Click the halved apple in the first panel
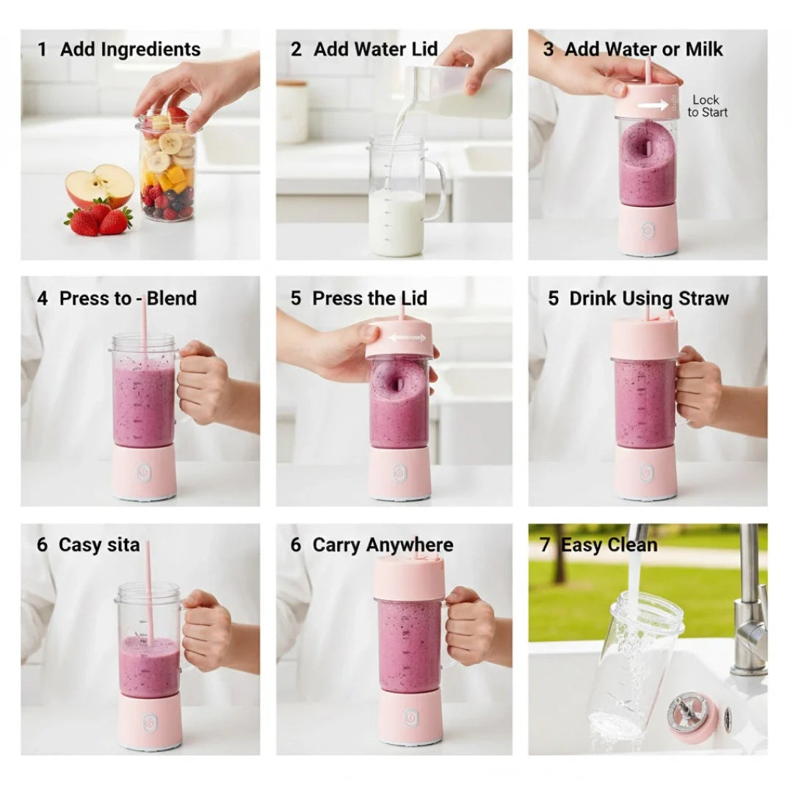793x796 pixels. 99,186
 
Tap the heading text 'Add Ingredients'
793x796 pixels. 130,50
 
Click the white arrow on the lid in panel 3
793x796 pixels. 653,106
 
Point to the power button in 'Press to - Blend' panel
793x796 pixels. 144,472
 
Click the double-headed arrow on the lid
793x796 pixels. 408,338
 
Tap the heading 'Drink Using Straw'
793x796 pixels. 648,299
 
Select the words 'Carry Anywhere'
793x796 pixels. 383,546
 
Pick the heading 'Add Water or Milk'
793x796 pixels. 643,50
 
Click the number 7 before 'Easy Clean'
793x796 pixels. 545,546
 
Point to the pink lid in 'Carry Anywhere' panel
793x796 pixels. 410,579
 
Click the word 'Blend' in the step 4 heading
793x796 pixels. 172,299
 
